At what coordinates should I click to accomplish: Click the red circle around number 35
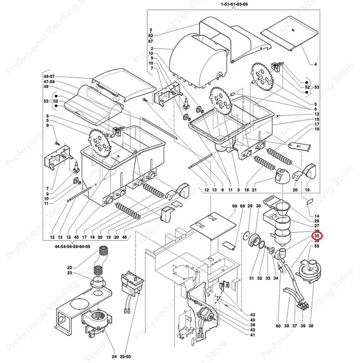pos(317,236)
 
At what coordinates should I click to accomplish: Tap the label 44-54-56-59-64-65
pos(72,246)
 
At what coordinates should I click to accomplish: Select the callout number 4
pos(316,64)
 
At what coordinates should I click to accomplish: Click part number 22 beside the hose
pos(70,268)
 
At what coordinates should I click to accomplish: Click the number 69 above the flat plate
pos(235,206)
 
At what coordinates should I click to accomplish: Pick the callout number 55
pos(317,246)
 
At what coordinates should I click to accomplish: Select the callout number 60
pos(278,326)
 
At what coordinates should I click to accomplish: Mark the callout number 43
pos(252,315)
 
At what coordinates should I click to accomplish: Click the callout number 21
pos(254,190)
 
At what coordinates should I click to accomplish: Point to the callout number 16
pos(317,129)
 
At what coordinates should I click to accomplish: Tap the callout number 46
pos(125,237)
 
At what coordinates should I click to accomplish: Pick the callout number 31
pos(251,278)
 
